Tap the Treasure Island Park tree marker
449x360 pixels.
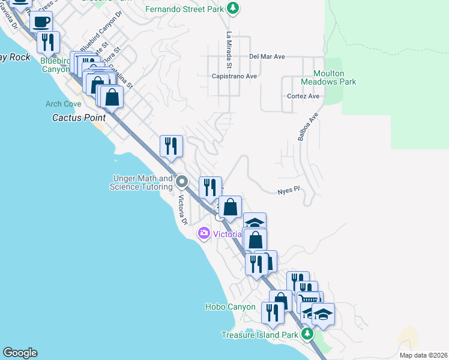[x=307, y=334]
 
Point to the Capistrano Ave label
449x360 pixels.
[x=234, y=76]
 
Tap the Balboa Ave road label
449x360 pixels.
[x=307, y=126]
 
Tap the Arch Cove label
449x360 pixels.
[x=63, y=104]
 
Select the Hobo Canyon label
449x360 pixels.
[x=231, y=307]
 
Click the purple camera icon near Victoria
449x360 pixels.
[x=204, y=233]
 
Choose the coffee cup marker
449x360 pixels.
[x=41, y=23]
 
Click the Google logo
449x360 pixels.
[x=20, y=353]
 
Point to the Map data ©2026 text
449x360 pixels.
[x=423, y=355]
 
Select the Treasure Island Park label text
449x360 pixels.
[x=259, y=335]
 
